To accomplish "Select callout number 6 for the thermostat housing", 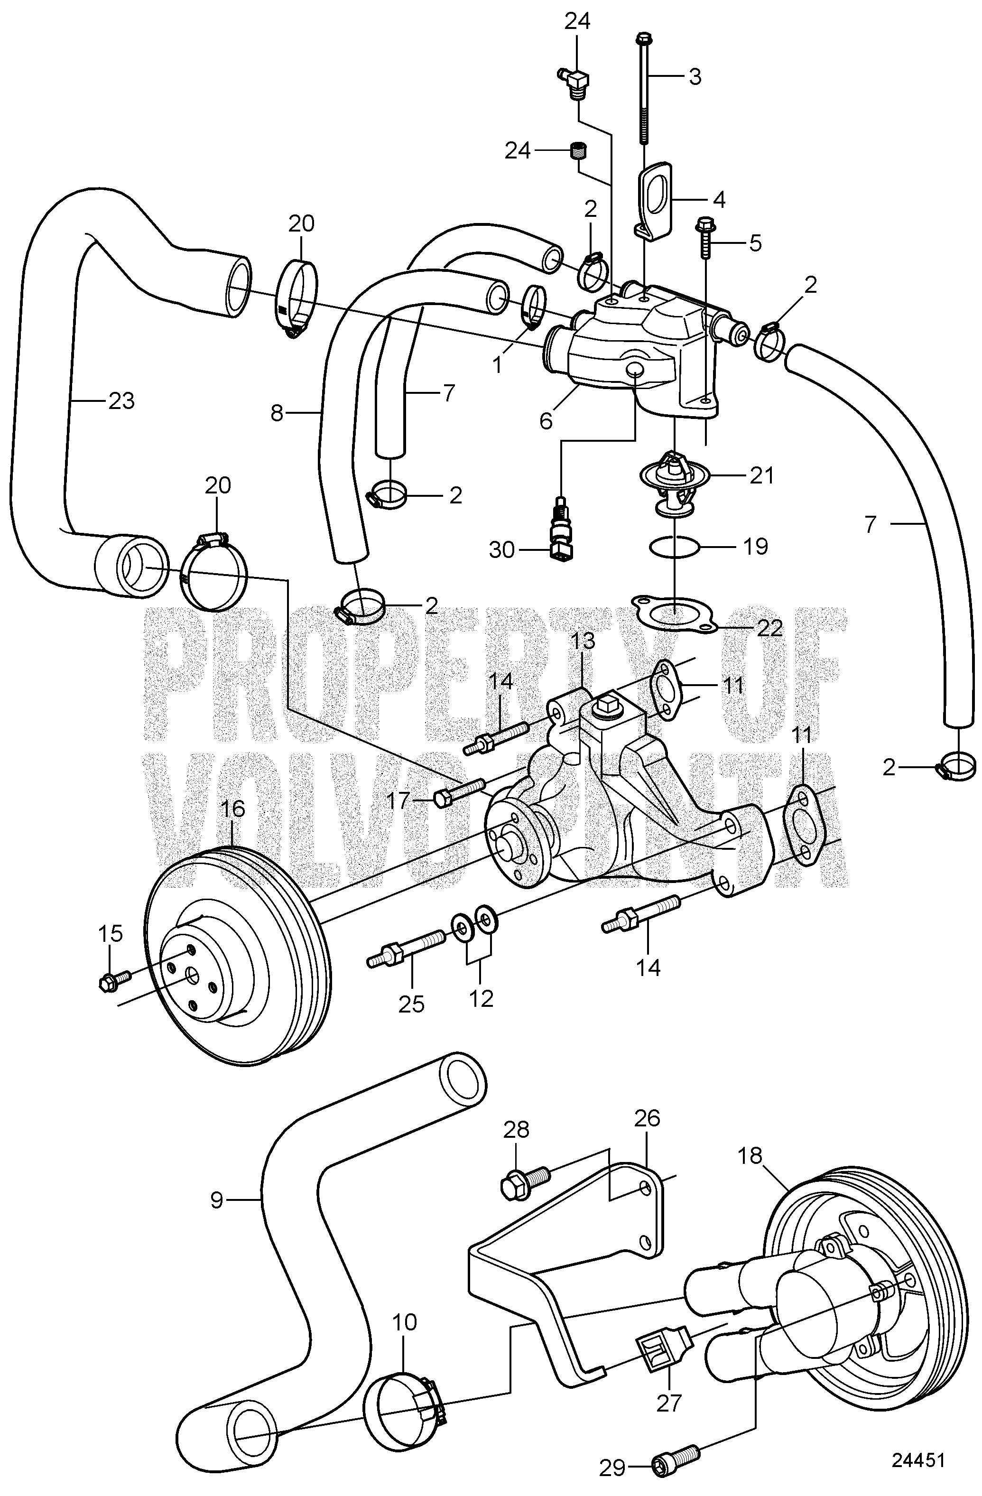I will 546,420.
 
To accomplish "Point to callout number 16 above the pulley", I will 232,809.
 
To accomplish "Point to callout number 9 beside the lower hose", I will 217,1200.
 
